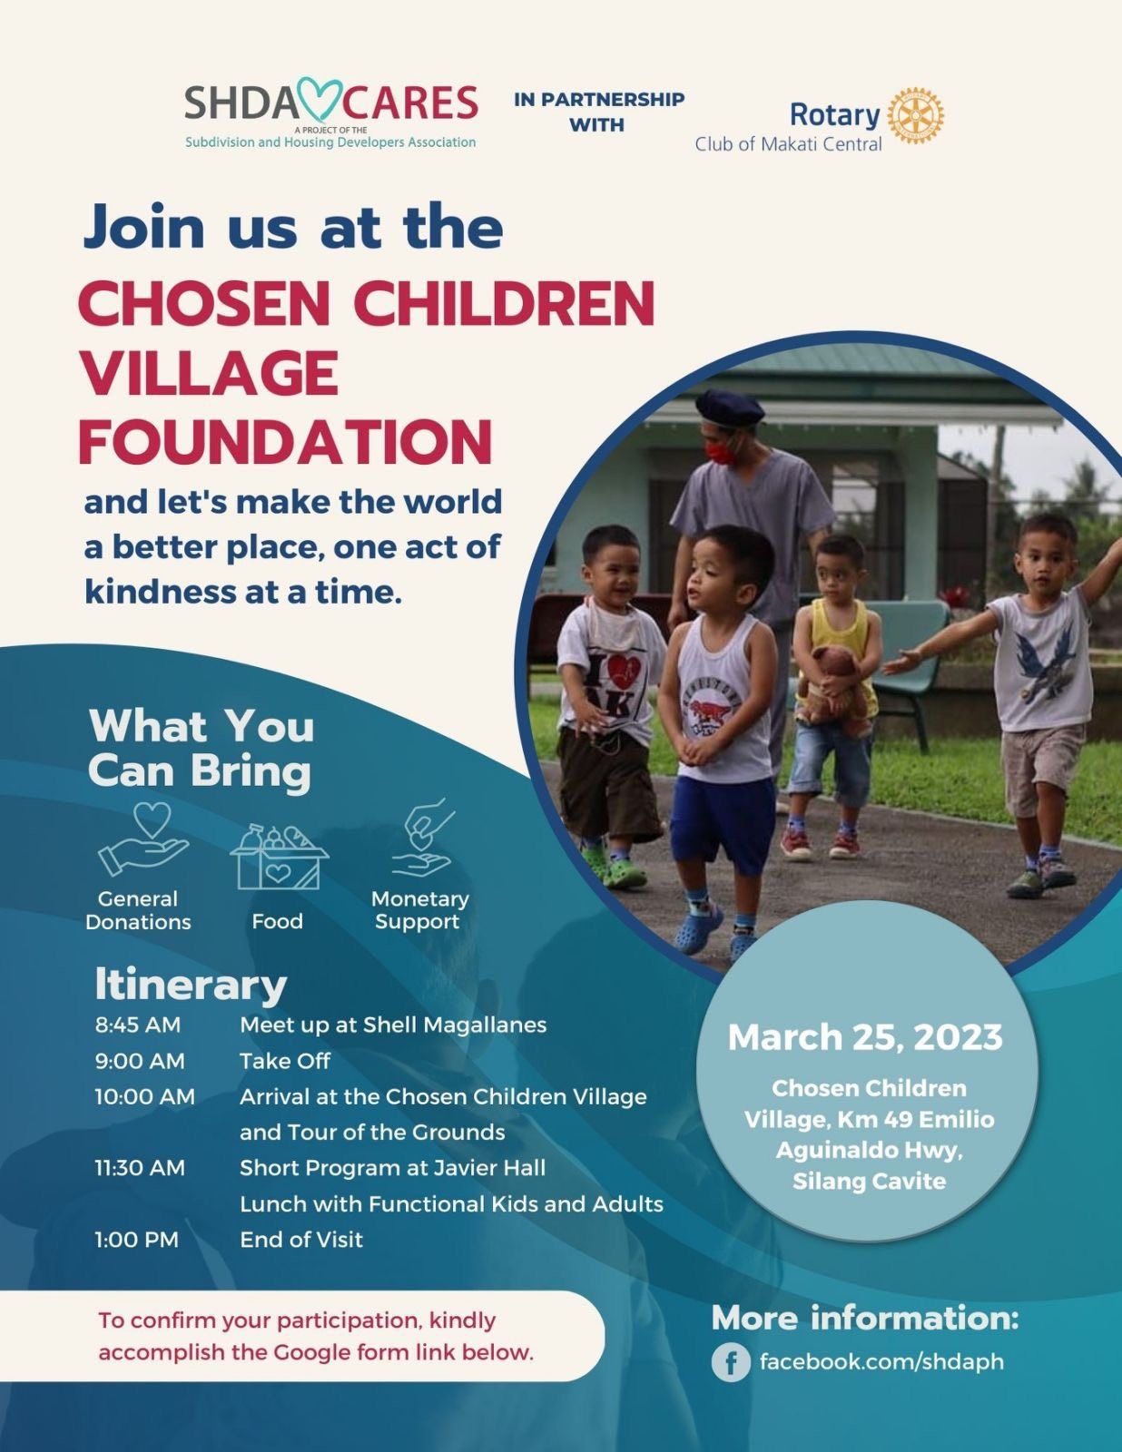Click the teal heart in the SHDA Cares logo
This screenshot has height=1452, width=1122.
(x=320, y=100)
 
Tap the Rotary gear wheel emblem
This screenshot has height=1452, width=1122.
(x=915, y=115)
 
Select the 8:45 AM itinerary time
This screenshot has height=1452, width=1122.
(x=138, y=1025)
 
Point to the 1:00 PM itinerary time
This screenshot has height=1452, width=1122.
(x=136, y=1241)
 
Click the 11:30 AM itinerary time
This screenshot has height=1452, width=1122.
(x=140, y=1168)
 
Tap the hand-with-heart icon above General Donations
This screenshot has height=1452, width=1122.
(x=143, y=840)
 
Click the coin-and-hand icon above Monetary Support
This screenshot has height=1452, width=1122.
(x=422, y=838)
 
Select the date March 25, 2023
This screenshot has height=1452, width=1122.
(x=865, y=1037)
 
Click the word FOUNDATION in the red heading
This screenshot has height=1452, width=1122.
(x=286, y=442)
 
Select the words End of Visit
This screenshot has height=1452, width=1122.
(x=301, y=1241)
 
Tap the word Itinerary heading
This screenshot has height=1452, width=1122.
(x=191, y=986)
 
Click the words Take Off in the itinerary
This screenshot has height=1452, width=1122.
(x=285, y=1061)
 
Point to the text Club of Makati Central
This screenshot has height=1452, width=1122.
(x=789, y=144)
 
